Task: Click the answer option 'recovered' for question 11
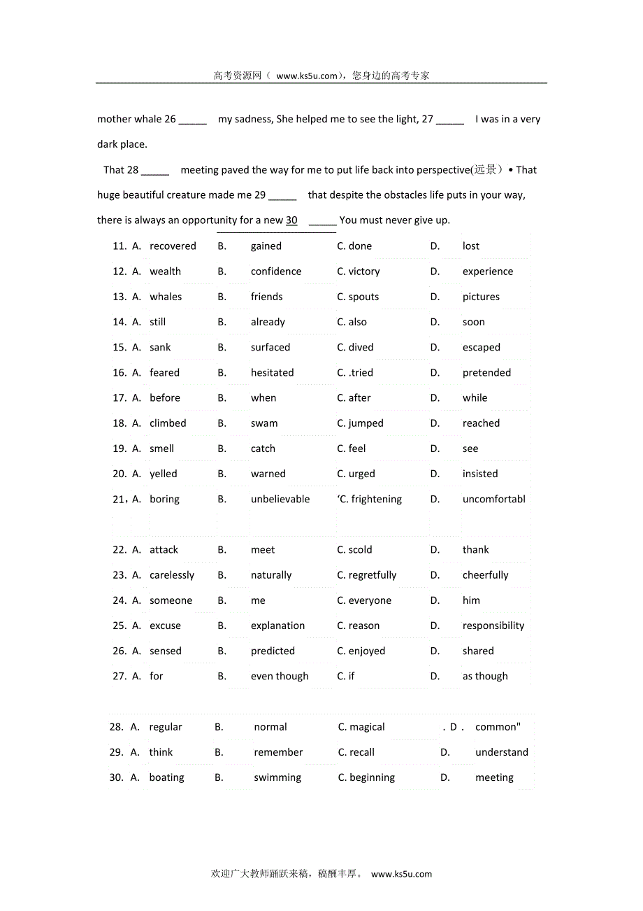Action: click(173, 246)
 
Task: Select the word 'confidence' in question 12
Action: click(276, 271)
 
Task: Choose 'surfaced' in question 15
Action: click(270, 347)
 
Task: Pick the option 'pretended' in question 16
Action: click(486, 372)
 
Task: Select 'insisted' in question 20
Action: click(480, 474)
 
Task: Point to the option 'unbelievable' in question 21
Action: click(280, 499)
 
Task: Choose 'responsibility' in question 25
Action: click(493, 626)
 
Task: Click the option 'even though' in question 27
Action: click(280, 676)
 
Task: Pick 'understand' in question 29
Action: click(502, 752)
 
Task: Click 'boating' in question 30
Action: click(166, 777)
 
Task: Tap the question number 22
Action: click(119, 550)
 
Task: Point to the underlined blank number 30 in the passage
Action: click(291, 220)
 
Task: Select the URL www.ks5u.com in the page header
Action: click(307, 76)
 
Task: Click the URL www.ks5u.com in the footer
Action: click(401, 874)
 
